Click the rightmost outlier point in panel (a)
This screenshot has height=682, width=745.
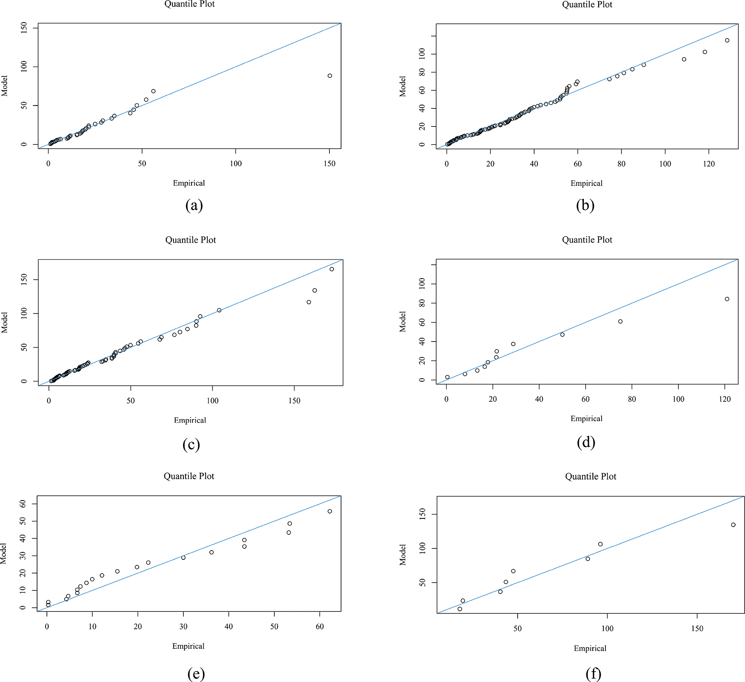[x=330, y=76]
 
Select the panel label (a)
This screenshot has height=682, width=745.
[x=194, y=205]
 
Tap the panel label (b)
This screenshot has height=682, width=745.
[x=585, y=205]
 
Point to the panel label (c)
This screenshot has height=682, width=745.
[x=191, y=445]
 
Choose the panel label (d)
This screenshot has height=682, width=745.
[x=586, y=442]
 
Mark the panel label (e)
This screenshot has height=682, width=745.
[x=196, y=674]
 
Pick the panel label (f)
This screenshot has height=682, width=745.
[x=593, y=674]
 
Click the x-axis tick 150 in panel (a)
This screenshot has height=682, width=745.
[x=329, y=164]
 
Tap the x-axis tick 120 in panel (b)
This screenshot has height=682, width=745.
[x=709, y=164]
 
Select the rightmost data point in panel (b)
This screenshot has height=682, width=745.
[x=727, y=40]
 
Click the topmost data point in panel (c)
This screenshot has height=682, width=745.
[x=332, y=269]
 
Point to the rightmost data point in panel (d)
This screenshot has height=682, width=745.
[x=727, y=299]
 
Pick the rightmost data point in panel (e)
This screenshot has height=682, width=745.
[x=330, y=511]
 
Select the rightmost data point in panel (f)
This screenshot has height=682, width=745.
[x=733, y=525]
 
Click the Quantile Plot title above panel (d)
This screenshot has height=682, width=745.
[x=587, y=240]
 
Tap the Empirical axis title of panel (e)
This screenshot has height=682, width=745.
[x=188, y=646]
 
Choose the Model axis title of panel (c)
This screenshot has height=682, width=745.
[x=5, y=322]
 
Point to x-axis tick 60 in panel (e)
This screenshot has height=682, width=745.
[x=320, y=627]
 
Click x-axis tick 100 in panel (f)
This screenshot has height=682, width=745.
[x=607, y=628]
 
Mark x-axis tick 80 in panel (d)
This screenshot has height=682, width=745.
[x=632, y=399]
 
